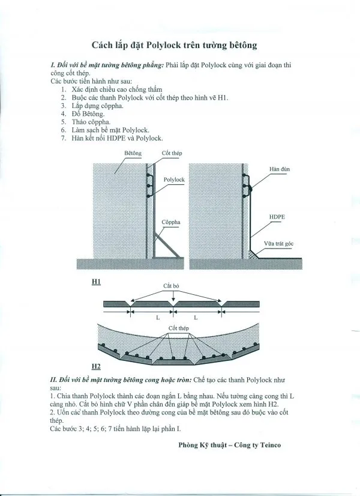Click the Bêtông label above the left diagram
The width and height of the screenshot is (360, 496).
point(133,154)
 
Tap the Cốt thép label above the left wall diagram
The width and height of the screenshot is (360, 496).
point(172,154)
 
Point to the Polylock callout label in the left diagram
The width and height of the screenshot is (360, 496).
point(174,180)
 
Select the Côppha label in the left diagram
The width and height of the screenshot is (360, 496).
point(171,222)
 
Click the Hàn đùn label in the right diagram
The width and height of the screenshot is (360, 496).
point(280,169)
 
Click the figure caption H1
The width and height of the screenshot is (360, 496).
point(96,281)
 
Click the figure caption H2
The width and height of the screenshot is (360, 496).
point(96,366)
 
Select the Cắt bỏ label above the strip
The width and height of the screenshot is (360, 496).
point(172,286)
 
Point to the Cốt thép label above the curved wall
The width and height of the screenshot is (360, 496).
point(176,328)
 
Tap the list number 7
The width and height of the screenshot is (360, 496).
point(63,138)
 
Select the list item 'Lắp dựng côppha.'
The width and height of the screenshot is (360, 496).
point(98,105)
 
